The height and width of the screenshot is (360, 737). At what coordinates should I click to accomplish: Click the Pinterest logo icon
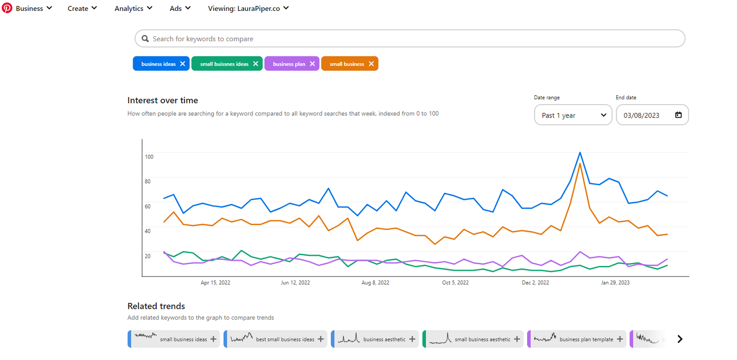7,8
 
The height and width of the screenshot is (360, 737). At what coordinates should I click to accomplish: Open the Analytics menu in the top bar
133,8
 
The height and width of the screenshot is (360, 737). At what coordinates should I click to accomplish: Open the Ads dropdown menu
180,8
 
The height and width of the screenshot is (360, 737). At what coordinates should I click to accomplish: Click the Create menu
82,8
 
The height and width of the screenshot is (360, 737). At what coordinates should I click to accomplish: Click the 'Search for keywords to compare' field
410,39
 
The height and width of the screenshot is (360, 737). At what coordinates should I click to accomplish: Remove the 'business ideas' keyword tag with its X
183,64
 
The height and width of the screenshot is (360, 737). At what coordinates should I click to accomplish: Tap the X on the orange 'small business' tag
371,64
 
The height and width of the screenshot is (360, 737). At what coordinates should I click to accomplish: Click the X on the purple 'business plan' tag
312,64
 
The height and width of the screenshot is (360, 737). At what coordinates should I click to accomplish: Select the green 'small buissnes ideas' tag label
224,64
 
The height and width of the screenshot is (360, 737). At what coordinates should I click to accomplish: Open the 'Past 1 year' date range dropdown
573,115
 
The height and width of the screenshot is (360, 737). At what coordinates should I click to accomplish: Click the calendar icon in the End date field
679,115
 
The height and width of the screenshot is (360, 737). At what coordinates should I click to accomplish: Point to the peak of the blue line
580,152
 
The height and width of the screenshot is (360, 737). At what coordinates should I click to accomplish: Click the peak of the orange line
580,164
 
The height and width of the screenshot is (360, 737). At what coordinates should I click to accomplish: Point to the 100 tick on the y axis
149,157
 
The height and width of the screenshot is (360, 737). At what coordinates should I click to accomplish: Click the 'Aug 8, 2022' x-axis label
375,282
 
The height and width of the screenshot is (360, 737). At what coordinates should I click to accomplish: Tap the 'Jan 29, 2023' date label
616,282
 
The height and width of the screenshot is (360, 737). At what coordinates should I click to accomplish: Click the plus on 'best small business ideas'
321,339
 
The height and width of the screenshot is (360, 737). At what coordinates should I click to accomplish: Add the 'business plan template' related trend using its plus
620,339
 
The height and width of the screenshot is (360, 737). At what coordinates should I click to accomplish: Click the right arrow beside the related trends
680,339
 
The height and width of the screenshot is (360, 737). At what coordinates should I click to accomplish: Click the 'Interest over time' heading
163,100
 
